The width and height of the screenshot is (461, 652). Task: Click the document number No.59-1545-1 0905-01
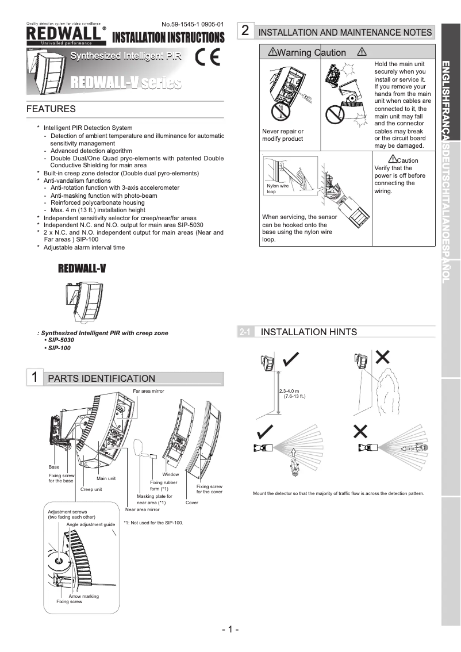193,24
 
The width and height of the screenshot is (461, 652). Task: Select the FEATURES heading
51,109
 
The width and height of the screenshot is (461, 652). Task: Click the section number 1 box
35,377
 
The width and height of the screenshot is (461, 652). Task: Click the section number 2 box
245,31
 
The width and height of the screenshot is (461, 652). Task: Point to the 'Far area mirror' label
148,391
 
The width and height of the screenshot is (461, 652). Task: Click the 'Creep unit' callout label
91,489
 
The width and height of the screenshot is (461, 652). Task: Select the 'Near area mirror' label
142,509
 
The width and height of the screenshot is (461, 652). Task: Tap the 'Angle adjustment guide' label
90,524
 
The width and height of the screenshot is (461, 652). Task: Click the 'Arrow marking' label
83,596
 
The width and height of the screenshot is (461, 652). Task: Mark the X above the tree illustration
382,358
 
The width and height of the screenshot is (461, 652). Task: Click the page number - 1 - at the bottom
230,629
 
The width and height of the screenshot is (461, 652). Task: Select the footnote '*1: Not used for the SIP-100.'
153,523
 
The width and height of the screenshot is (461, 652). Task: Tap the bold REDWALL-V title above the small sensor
82,269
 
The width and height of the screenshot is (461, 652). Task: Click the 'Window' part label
170,474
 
